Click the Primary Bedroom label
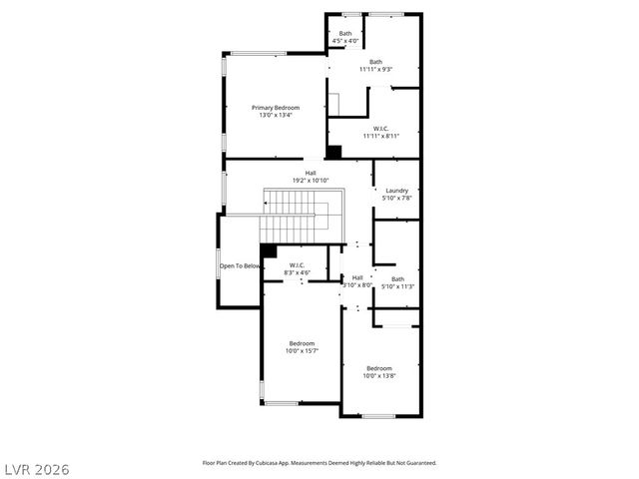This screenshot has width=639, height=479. point(275,107)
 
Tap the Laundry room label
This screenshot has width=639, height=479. point(396,191)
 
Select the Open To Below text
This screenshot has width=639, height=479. point(241,266)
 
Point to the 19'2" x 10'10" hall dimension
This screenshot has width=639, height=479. point(311,180)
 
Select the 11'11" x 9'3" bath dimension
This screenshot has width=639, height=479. point(375,69)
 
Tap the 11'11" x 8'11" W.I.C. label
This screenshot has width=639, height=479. point(380,136)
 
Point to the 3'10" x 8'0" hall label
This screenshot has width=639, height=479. point(357,281)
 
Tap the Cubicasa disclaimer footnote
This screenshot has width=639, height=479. point(319,463)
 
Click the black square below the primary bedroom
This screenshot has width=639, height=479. point(334,152)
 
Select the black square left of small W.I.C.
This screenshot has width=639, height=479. point(268,250)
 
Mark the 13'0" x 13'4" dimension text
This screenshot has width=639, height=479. point(275,114)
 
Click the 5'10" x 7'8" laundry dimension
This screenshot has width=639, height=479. point(396,198)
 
